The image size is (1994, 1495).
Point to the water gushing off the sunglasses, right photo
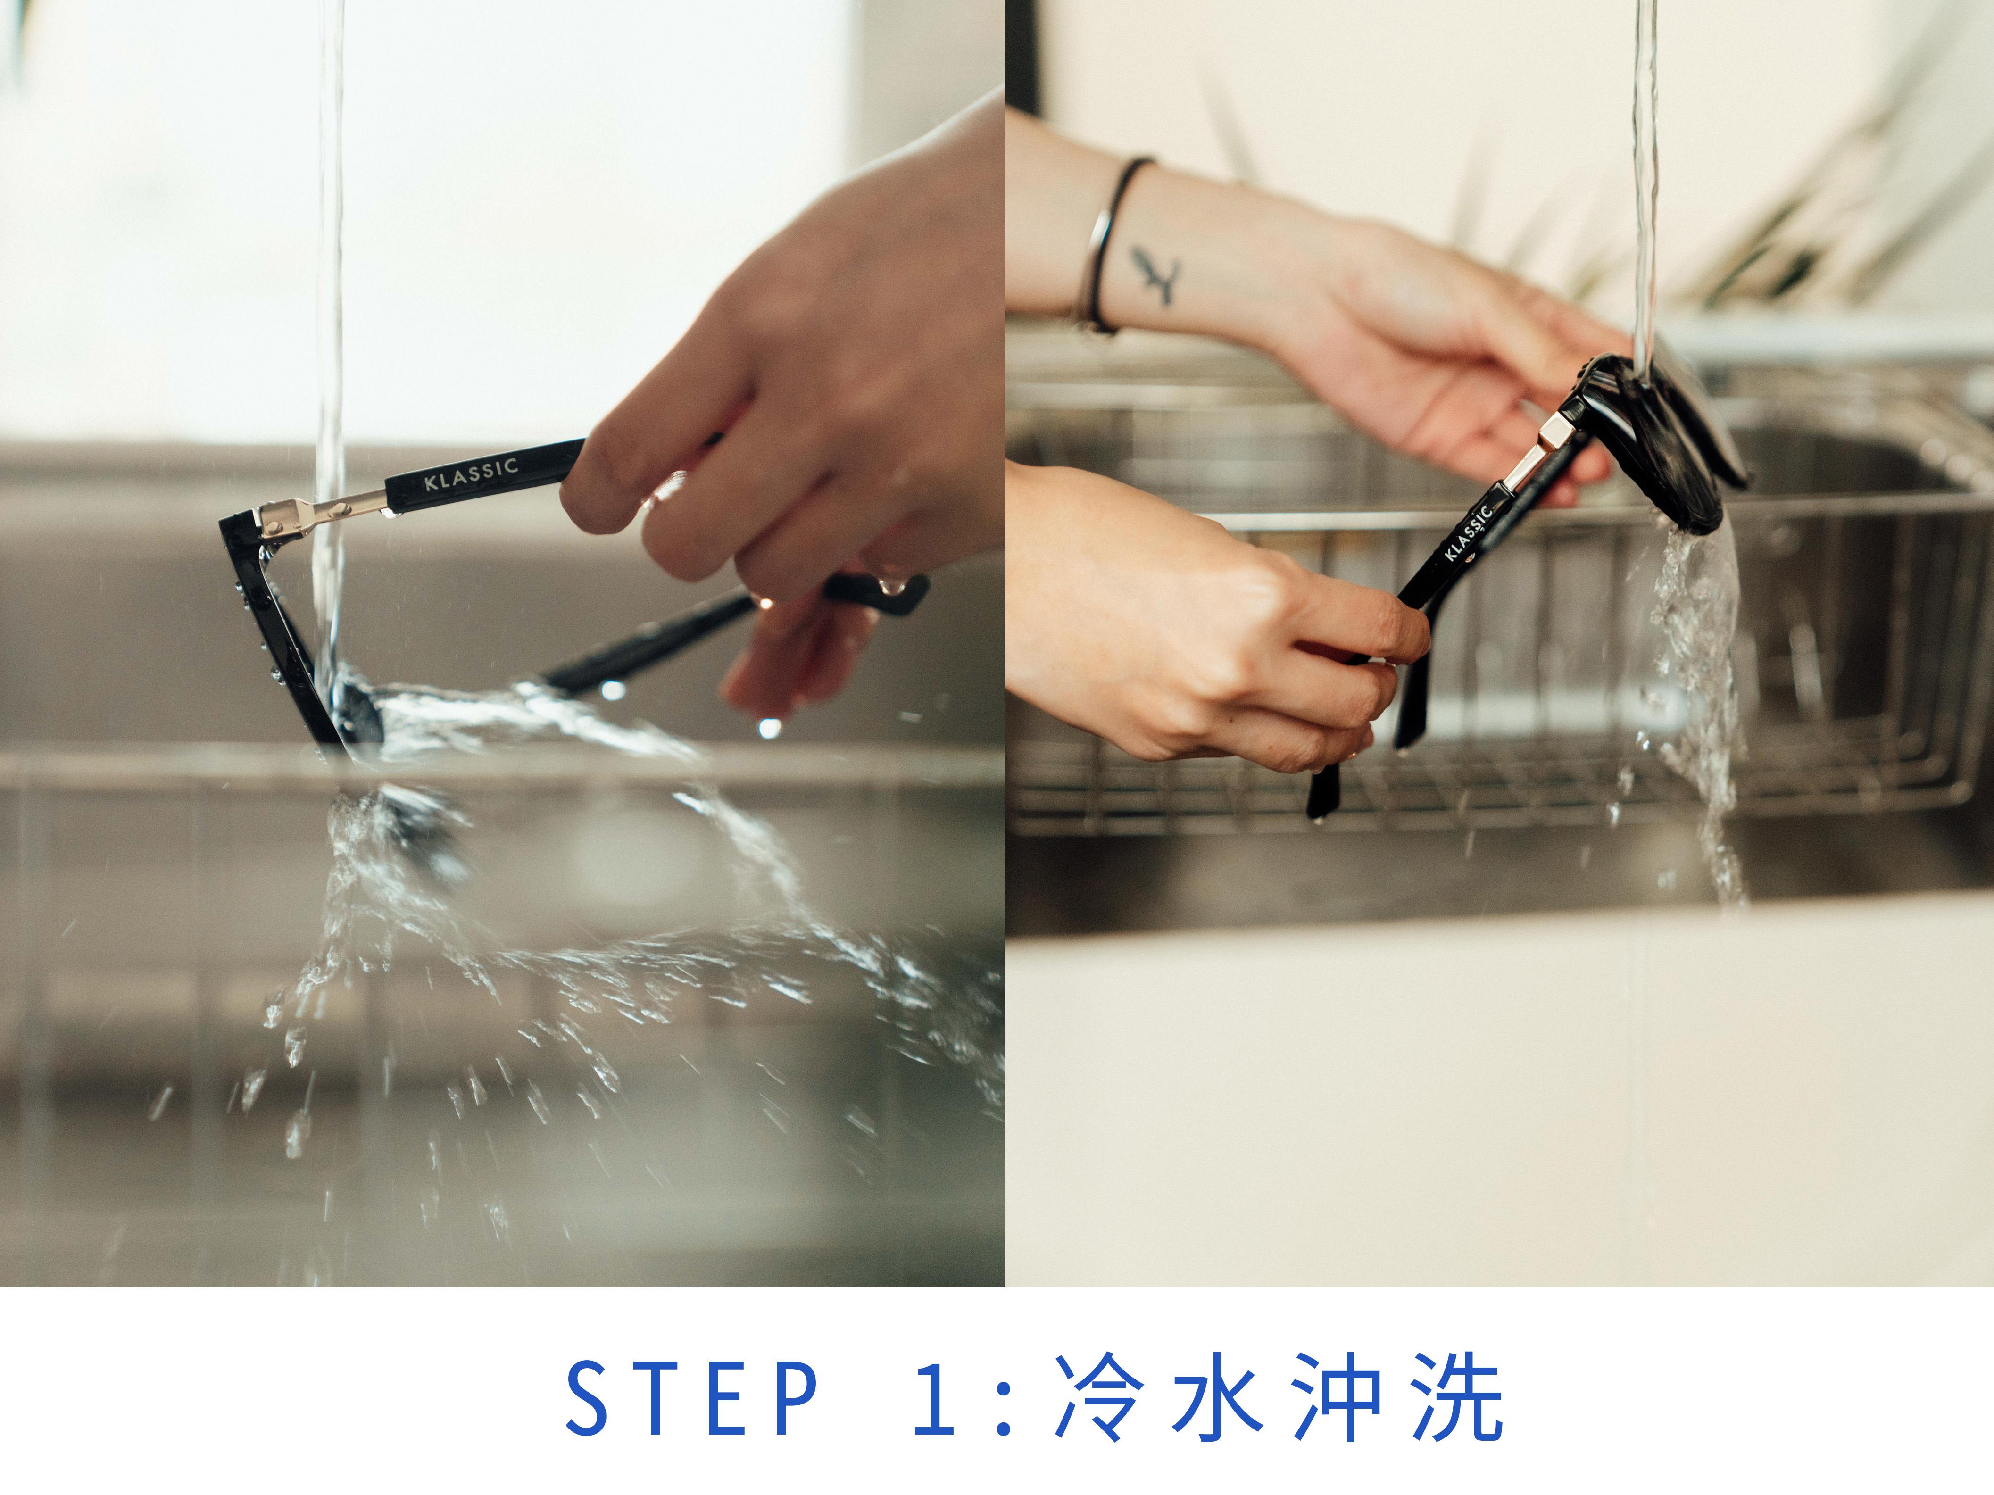tap(1695, 703)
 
